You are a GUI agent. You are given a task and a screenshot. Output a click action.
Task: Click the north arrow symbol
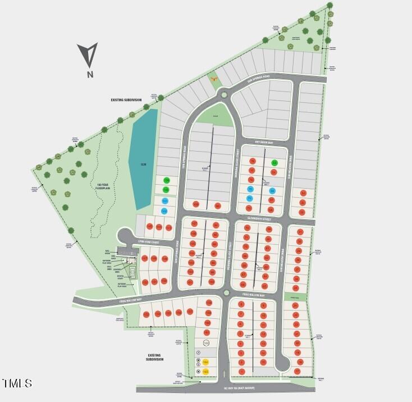(87, 55)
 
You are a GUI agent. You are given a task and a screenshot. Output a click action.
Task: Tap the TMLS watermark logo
(17, 384)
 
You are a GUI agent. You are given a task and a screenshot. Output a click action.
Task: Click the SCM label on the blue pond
(143, 165)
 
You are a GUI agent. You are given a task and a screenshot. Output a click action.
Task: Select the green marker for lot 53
(274, 163)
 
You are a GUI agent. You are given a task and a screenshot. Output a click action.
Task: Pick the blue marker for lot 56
(272, 191)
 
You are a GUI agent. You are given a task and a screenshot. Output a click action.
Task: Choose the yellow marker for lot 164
(205, 362)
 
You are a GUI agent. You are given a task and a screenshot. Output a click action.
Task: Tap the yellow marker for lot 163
(205, 371)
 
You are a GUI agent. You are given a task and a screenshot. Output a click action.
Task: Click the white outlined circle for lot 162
(206, 343)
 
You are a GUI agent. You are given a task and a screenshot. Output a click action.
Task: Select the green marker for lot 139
(166, 180)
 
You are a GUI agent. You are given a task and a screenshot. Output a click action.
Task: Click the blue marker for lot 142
(164, 211)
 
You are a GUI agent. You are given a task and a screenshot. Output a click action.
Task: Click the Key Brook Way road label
(263, 143)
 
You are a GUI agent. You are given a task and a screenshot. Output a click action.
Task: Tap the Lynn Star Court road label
(149, 242)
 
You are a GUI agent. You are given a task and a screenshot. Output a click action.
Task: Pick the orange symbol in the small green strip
(213, 79)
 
